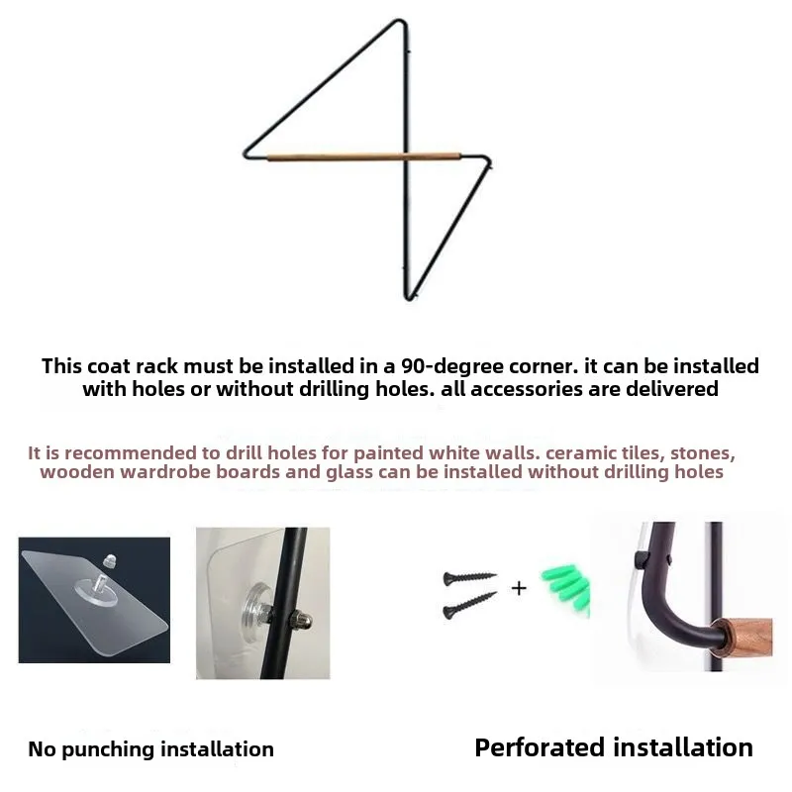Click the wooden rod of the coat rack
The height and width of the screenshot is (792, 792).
363,156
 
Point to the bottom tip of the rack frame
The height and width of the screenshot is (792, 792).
408,298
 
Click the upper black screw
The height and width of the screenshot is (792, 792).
469,577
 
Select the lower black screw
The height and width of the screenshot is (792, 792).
469,605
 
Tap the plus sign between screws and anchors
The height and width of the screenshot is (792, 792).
519,588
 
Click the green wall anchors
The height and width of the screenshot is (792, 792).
565,588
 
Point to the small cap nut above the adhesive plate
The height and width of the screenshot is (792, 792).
109,560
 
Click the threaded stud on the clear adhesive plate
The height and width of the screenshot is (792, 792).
98,583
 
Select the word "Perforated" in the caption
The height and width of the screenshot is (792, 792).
540,747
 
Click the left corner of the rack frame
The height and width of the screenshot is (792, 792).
247,154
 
